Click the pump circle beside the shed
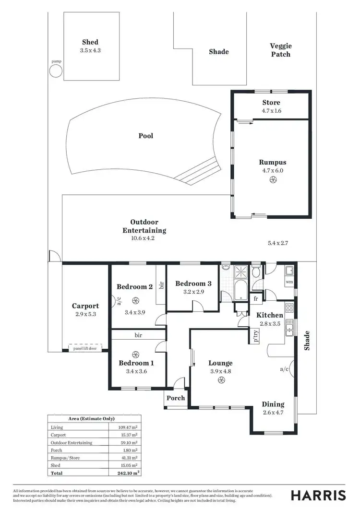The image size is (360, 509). (x=56, y=71)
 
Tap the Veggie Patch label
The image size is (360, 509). (x=280, y=50)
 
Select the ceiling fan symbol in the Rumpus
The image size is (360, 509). (x=274, y=180)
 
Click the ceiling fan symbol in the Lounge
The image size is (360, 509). (x=221, y=380)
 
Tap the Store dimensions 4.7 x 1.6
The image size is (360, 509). (x=271, y=110)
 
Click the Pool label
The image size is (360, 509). (x=146, y=136)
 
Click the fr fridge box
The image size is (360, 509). (x=255, y=298)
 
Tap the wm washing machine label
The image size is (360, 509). (x=289, y=282)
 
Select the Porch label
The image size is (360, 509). (x=175, y=398)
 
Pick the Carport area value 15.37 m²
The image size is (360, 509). (x=130, y=435)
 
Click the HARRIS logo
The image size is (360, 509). (x=318, y=495)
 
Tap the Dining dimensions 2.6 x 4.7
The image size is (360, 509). (x=273, y=412)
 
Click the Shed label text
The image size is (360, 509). (x=90, y=42)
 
